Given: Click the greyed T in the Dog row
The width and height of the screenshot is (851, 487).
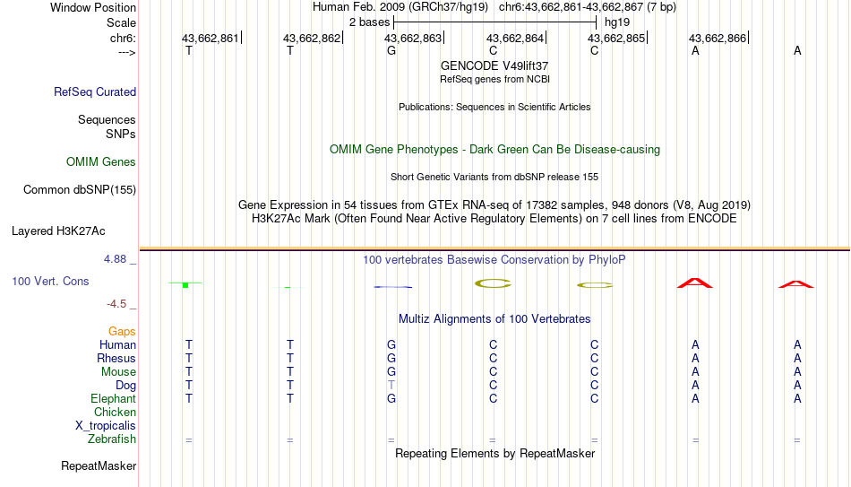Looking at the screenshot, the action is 391,386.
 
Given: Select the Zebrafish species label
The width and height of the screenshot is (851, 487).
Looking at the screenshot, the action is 112,439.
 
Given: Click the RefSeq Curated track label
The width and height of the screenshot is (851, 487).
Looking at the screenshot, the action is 95,91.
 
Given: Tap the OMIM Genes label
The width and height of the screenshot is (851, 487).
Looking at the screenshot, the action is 101,162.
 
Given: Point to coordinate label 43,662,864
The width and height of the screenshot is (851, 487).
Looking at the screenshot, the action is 514,38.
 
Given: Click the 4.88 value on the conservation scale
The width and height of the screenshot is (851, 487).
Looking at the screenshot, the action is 115,259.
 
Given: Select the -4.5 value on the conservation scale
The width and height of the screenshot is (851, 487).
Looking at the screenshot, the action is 116,304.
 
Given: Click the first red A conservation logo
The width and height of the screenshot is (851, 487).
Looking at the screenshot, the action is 695,283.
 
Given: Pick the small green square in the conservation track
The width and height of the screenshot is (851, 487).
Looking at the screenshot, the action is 185,285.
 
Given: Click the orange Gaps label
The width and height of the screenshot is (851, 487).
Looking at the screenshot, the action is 122,332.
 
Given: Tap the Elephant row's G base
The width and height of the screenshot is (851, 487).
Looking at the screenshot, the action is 391,399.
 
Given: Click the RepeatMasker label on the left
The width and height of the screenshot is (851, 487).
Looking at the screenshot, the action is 99,465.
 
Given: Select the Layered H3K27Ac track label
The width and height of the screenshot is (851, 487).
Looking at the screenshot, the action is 58,231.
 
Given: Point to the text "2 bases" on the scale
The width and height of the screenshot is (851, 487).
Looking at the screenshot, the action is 370,22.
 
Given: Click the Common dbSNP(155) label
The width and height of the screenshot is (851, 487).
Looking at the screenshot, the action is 80,190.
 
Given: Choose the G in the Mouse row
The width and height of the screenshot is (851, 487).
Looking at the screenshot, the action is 391,372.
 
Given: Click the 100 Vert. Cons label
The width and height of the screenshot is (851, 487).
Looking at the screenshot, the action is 50,281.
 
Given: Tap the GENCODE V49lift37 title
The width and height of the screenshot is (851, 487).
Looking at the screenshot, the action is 494,65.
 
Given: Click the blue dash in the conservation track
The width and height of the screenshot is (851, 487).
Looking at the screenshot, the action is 393,287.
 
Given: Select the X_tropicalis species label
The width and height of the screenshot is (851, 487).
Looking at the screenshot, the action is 106,426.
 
